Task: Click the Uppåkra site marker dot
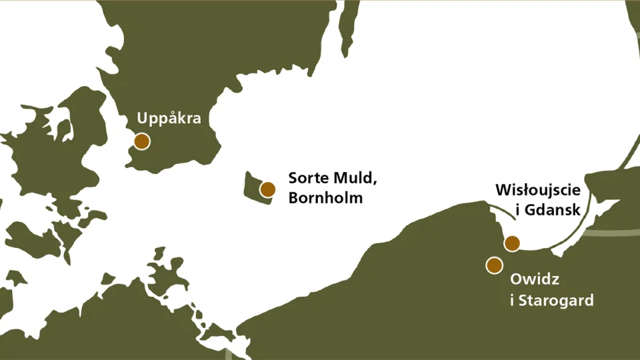(141, 141)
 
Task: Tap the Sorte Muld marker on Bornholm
(267, 189)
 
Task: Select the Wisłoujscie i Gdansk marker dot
(511, 243)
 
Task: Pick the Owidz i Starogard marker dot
(494, 265)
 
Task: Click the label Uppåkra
(169, 119)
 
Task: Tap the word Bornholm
(325, 198)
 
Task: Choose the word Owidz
(531, 279)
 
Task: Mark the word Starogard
(555, 301)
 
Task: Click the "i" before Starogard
(511, 300)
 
